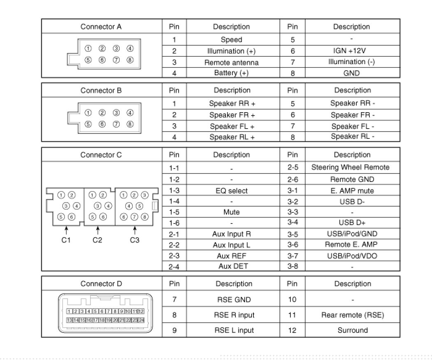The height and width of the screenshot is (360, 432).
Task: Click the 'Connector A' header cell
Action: [101, 27]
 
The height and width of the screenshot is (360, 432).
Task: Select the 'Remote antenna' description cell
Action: [231, 62]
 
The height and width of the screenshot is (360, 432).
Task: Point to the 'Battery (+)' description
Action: [231, 73]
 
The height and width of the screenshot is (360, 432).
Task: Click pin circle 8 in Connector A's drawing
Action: [130, 60]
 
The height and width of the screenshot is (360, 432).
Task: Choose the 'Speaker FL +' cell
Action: [232, 126]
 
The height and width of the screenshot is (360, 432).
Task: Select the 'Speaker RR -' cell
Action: [353, 103]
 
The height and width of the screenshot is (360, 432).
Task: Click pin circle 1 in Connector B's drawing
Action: [88, 113]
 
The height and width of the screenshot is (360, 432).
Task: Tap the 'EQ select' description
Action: [231, 191]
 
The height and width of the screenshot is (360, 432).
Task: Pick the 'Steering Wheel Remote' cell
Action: [350, 167]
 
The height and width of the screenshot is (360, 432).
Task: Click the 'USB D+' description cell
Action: [352, 222]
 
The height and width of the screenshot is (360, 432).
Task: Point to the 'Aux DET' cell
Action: [233, 266]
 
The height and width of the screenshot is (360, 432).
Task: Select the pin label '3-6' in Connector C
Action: [293, 245]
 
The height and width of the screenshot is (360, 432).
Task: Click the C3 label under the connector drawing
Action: [135, 240]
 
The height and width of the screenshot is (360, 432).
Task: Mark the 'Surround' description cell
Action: [353, 330]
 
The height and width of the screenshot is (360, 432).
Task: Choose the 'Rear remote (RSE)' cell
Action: [353, 315]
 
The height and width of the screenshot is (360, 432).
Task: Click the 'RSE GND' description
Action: [234, 300]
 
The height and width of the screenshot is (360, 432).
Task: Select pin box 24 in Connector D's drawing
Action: [142, 320]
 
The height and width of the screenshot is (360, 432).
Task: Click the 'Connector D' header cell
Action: [101, 284]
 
